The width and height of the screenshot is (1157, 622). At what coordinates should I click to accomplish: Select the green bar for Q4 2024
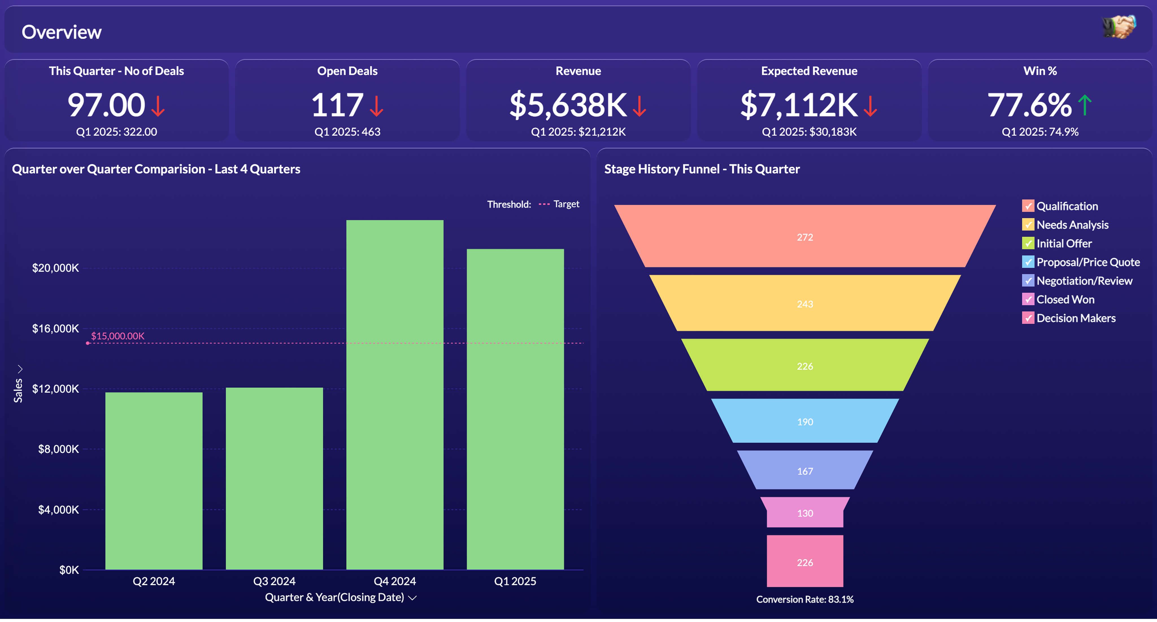coord(395,395)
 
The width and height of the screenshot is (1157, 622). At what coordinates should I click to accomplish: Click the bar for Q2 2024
coord(154,480)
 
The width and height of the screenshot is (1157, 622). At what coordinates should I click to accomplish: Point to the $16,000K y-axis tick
coord(55,329)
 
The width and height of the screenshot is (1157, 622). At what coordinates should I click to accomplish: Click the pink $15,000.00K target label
coord(118,336)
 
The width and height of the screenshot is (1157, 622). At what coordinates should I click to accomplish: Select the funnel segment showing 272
coord(805,237)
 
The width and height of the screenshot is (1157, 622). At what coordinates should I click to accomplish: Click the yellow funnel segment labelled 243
coord(805,304)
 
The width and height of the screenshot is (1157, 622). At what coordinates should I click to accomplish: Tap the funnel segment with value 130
coord(805,513)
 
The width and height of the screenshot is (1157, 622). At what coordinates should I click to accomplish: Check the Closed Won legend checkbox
coord(1028,299)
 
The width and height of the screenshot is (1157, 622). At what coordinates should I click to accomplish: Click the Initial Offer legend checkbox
coord(1028,243)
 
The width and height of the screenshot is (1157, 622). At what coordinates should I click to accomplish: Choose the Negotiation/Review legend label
coord(1084,281)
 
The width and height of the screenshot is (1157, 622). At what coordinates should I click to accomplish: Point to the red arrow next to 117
coord(376,106)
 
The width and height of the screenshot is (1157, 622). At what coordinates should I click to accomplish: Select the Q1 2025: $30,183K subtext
coord(809,132)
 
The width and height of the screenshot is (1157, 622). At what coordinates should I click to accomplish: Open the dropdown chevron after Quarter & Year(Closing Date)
coord(412,598)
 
